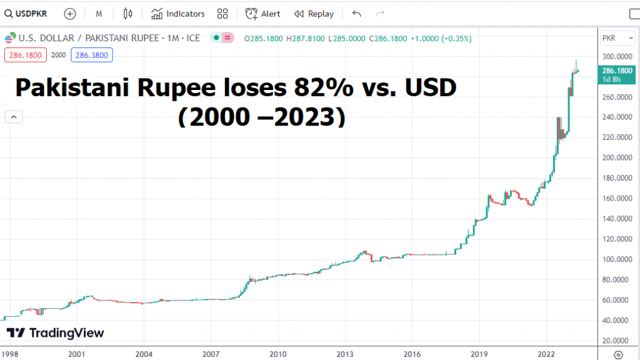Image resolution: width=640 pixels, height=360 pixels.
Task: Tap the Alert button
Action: coord(262,14)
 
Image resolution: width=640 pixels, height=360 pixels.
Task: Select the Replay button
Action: coord(314,14)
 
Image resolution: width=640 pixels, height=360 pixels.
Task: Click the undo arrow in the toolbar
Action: coord(357,14)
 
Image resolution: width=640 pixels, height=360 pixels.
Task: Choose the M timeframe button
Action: coord(99,14)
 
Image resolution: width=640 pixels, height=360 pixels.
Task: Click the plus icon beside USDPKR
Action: coord(70,14)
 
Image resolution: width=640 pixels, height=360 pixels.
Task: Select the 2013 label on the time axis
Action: coord(345,354)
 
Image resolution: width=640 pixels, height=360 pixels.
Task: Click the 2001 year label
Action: coord(76,354)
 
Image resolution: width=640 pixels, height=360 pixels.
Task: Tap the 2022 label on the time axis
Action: coord(546,354)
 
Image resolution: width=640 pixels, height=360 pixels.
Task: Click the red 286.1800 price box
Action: coord(24,55)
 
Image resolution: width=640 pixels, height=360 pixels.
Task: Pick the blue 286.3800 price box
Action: coord(90,55)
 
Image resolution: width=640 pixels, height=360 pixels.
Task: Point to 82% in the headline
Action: coord(306,89)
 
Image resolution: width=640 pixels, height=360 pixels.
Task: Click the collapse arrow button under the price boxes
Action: coord(13,116)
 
